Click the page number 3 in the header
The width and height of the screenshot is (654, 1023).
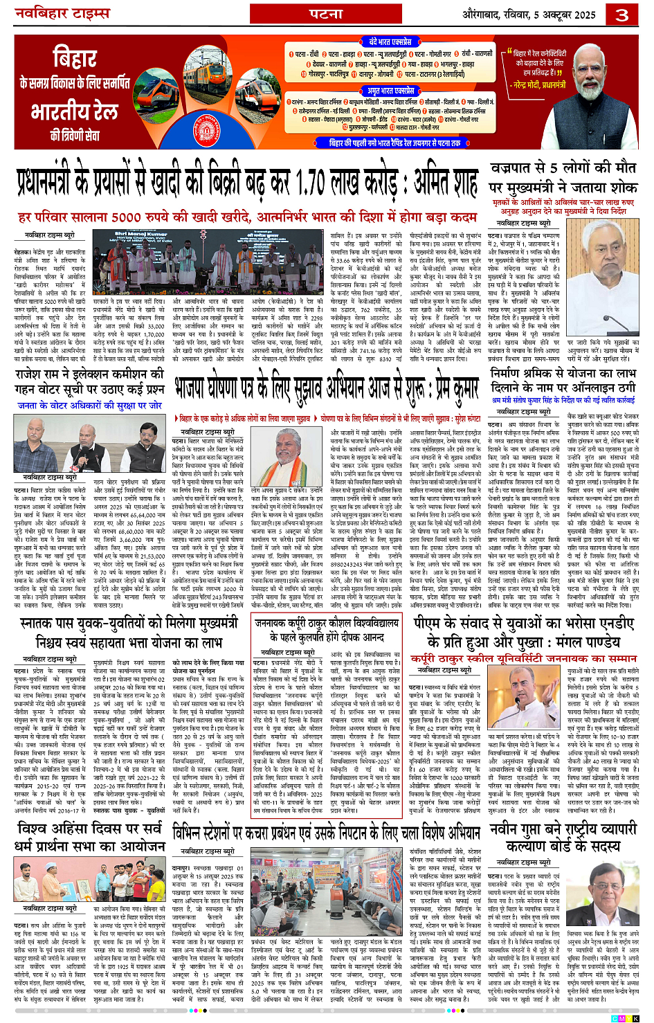[x=622, y=15]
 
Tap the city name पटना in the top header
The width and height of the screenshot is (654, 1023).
[x=326, y=14]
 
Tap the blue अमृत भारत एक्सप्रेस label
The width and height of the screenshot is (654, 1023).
[x=391, y=91]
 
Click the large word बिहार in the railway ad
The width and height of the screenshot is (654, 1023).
[x=74, y=58]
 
